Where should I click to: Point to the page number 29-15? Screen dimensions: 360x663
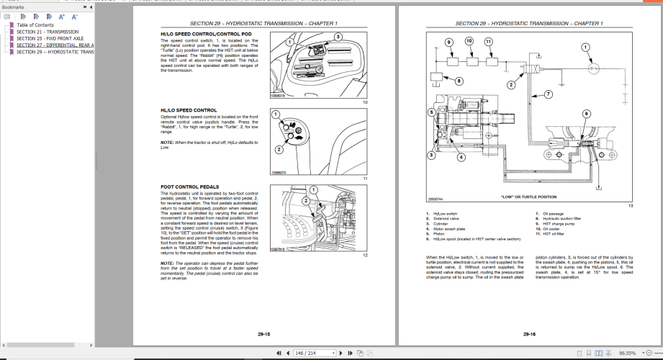pyautogui.click(x=263, y=334)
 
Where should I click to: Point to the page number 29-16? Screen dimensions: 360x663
pyautogui.click(x=529, y=334)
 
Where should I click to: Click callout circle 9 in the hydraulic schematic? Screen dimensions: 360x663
pyautogui.click(x=448, y=42)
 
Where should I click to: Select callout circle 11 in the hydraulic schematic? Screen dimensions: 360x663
pyautogui.click(x=489, y=42)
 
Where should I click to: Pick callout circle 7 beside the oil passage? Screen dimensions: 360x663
pyautogui.click(x=548, y=94)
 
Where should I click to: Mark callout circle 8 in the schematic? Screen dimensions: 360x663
pyautogui.click(x=459, y=81)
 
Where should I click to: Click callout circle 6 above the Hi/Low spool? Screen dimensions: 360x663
pyautogui.click(x=585, y=113)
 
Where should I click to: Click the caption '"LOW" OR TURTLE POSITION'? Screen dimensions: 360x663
pyautogui.click(x=528, y=196)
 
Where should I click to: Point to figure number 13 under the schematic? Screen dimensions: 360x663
pyautogui.click(x=629, y=206)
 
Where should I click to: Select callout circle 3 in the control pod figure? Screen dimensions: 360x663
pyautogui.click(x=338, y=37)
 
